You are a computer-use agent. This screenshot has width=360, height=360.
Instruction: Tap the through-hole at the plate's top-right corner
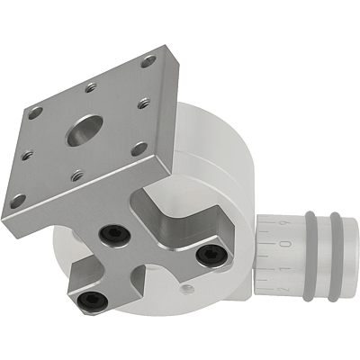pos(148,61)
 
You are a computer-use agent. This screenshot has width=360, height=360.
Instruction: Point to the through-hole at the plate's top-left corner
pos(35,113)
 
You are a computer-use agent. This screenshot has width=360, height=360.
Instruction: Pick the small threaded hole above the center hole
pos(91,88)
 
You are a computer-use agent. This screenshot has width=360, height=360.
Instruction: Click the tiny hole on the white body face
pos(186,288)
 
